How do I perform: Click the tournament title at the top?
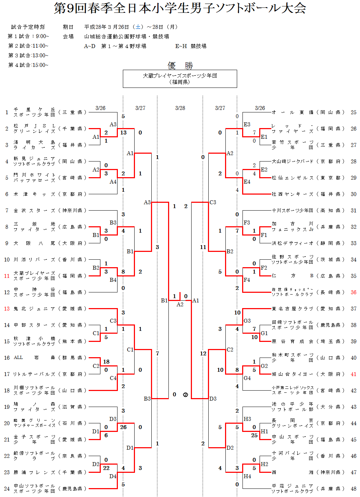tap(180, 8)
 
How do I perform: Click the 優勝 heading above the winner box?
tap(180, 65)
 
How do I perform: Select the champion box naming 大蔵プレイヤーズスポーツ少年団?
tap(180, 79)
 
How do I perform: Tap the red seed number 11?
tap(7, 276)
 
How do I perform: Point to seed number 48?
tap(353, 488)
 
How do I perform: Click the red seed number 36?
tap(353, 292)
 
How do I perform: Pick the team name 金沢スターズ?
tap(34, 210)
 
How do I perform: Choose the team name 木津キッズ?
tap(34, 194)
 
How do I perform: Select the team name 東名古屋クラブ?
tap(292, 308)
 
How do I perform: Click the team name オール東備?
tap(292, 112)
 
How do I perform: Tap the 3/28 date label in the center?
tap(180, 108)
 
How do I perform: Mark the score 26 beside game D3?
tap(123, 427)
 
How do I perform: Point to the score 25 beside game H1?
tap(254, 435)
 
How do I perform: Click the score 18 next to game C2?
tap(106, 361)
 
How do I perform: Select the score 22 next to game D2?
tap(106, 468)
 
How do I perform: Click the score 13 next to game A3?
tap(123, 132)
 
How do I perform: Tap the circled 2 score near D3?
tap(186, 394)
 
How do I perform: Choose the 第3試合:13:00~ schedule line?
tap(28, 55)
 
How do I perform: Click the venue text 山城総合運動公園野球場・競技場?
tap(126, 36)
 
